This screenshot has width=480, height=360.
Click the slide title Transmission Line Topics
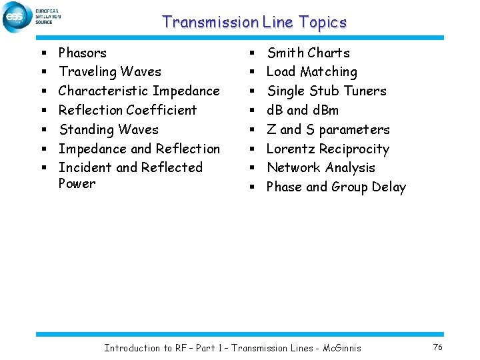[254, 22]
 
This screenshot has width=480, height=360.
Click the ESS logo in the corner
[18, 17]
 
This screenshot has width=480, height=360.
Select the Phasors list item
[83, 53]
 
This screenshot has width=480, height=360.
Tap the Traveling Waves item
[110, 71]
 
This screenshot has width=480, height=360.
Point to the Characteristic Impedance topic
[139, 91]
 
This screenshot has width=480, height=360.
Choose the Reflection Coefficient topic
[128, 110]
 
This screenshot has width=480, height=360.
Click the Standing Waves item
[109, 129]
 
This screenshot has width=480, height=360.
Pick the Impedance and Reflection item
[139, 149]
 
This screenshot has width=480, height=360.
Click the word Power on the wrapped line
[77, 184]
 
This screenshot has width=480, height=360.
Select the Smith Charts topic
[308, 53]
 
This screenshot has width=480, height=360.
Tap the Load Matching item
[312, 71]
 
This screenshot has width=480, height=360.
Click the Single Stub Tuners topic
[327, 91]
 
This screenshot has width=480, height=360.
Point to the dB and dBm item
[303, 110]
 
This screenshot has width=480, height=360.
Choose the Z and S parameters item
[328, 129]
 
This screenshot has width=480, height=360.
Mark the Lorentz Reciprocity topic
[328, 149]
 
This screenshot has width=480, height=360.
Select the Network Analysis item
[321, 167]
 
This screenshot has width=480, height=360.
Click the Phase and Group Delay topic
[336, 187]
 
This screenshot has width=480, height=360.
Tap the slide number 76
[438, 347]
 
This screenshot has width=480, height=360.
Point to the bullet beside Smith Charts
[253, 53]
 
